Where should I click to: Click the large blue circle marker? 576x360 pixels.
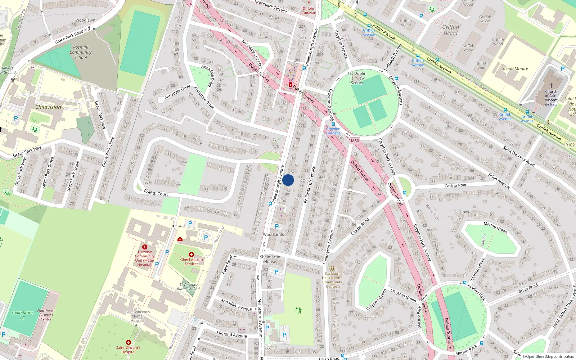[288, 180]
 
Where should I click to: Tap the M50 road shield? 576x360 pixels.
[355, 141]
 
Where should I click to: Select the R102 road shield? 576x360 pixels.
[570, 145]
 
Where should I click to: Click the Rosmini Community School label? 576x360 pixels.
[81, 52]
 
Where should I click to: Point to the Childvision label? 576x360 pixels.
[48, 107]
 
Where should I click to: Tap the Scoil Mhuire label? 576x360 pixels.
[515, 68]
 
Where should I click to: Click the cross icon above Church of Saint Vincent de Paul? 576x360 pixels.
[551, 86]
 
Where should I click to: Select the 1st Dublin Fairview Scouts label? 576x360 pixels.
[357, 78]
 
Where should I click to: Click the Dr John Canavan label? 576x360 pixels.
[309, 10]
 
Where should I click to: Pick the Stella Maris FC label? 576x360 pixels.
[22, 315]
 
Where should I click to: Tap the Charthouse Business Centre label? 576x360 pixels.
[46, 315]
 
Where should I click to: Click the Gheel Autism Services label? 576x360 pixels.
[192, 261]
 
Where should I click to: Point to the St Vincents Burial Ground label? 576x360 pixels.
[188, 287]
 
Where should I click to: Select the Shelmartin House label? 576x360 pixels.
[270, 259]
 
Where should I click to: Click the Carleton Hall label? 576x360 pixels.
[332, 280]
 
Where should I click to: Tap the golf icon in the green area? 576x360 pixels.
[298, 310]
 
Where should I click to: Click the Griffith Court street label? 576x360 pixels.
[156, 193]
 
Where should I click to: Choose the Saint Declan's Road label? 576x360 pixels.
[519, 156]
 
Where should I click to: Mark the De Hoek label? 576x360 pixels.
[461, 212]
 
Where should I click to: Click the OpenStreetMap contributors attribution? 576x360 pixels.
[548, 356]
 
